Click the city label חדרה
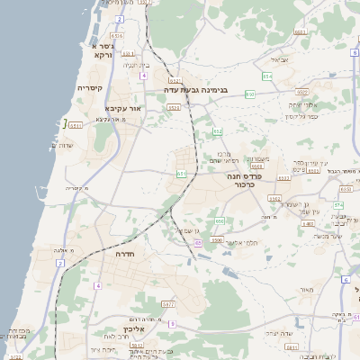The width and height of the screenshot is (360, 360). (123, 255)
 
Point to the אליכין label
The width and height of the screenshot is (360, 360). (122, 329)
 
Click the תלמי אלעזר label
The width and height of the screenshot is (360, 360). (240, 242)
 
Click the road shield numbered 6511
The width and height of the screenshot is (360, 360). (76, 126)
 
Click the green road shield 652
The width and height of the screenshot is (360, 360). (217, 132)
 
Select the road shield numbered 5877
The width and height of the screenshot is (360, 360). (168, 305)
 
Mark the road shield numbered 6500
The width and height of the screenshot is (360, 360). (217, 240)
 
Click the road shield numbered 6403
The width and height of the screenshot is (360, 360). (308, 223)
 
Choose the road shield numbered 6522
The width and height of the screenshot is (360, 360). (301, 92)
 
